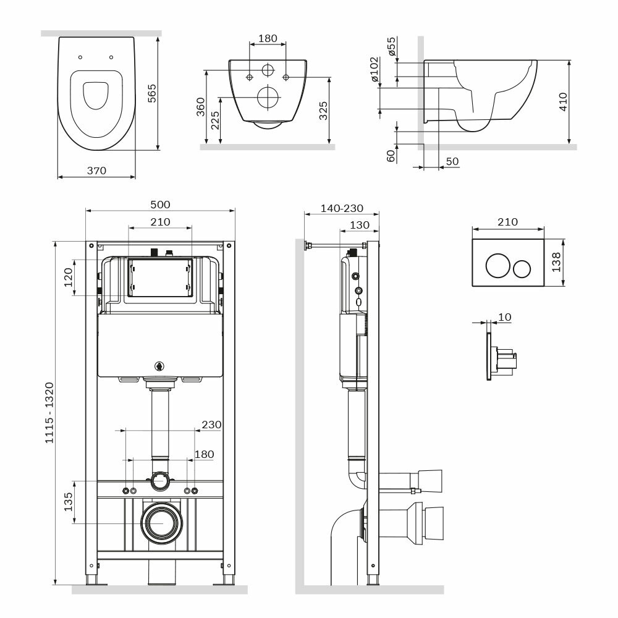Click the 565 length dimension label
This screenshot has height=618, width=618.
coord(152,93)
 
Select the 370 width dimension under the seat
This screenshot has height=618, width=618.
coord(96,171)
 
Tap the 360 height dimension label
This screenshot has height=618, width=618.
coord(201,107)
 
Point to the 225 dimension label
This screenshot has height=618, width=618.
coord(215,121)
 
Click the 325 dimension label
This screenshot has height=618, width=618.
coord(323,111)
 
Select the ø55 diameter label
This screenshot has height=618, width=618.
coord(391,46)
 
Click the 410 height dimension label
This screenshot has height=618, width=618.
coord(563,102)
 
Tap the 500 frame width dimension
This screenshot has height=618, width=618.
coord(161,205)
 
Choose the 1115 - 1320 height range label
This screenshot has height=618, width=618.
coord(49,413)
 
